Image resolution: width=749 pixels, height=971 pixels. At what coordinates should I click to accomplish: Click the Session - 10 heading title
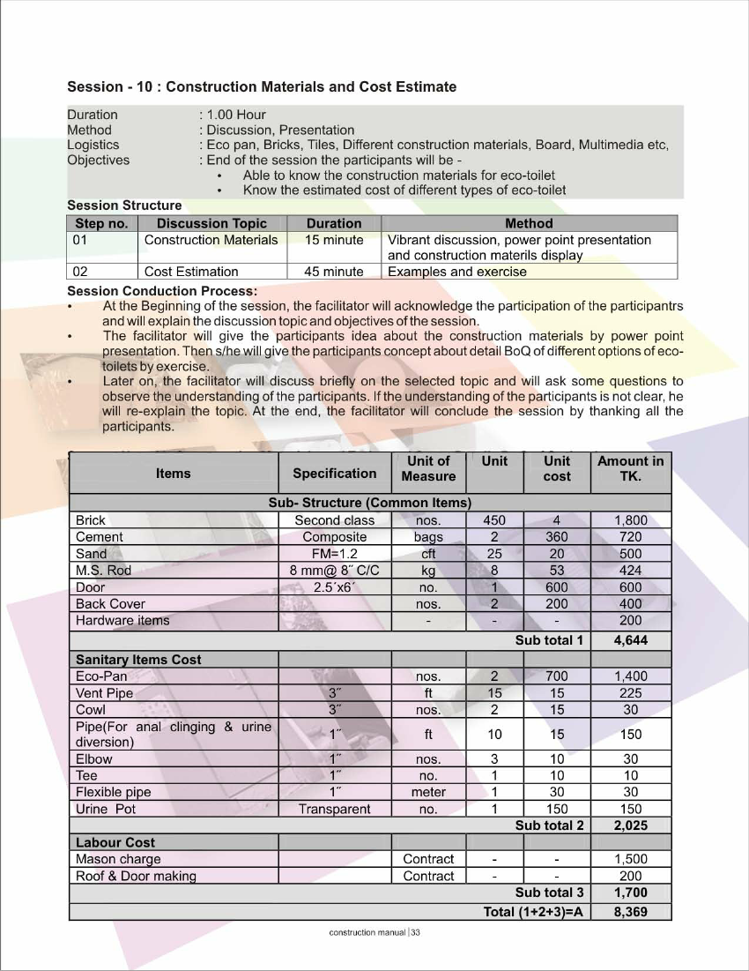[x=262, y=86]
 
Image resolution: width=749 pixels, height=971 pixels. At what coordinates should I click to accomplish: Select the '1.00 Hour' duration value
[x=235, y=115]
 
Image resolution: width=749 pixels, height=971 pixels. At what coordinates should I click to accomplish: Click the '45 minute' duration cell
[x=333, y=272]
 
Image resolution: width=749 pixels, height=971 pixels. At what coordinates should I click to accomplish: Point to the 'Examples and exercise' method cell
[x=456, y=272]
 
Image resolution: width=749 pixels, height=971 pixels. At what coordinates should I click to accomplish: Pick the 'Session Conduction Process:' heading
[x=162, y=291]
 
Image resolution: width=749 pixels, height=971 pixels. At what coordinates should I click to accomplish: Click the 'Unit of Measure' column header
[x=428, y=468]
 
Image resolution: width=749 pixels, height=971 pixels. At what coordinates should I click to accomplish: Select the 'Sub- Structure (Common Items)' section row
[x=369, y=503]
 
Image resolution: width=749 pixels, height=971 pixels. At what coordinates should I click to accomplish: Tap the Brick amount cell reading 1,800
[x=630, y=520]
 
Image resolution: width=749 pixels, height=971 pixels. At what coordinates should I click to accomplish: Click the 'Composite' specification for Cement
[x=334, y=537]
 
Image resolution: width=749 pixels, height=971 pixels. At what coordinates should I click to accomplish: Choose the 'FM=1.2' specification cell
[x=334, y=554]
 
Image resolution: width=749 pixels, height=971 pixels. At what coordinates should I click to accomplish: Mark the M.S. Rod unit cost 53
[x=556, y=571]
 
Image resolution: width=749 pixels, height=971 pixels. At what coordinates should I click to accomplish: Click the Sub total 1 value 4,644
[x=630, y=640]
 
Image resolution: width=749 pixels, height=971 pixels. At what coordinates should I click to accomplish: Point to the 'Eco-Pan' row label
[x=101, y=676]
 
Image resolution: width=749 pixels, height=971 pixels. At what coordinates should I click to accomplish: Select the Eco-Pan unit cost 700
[x=556, y=676]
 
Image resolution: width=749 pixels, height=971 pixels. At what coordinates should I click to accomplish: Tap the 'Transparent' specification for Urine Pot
[x=334, y=809]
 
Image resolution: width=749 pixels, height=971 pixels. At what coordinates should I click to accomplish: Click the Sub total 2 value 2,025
[x=630, y=825]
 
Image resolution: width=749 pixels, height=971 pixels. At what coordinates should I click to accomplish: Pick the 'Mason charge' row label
[x=118, y=859]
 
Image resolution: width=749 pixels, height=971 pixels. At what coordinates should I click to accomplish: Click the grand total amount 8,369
[x=630, y=912]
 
